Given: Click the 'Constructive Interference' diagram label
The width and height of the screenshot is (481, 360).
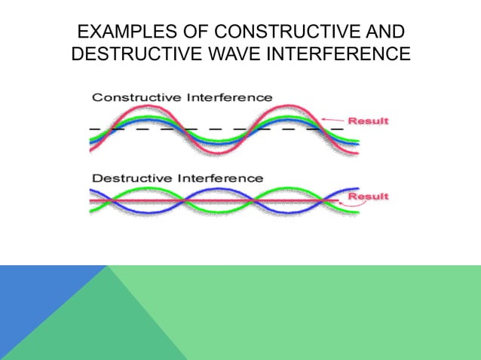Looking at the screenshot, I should tap(182, 97).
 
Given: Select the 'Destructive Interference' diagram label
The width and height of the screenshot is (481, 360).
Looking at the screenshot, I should tap(177, 178).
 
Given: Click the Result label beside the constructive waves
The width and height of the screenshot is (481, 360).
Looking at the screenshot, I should tap(367, 121).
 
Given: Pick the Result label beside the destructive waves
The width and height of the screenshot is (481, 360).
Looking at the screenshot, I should tap(367, 197).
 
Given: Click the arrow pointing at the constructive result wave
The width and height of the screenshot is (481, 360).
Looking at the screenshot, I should tap(332, 119).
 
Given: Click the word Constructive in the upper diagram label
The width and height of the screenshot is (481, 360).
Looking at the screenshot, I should tap(133, 97).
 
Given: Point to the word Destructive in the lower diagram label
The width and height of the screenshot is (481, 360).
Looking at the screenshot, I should tap(129, 178).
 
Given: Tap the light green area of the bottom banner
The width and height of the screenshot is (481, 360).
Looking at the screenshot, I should tap(324, 313).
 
